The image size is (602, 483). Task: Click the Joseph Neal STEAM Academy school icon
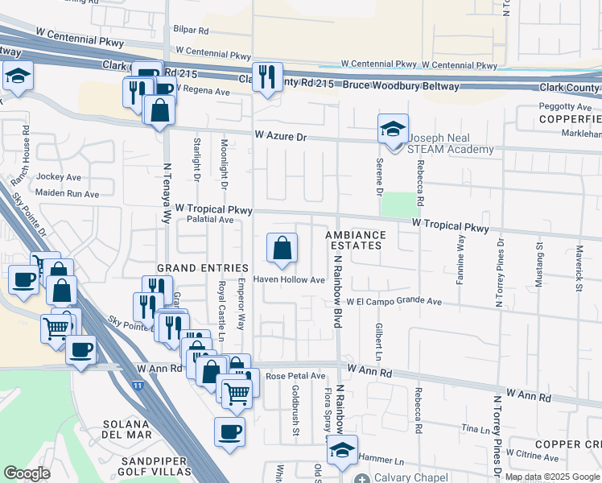pos(393,130)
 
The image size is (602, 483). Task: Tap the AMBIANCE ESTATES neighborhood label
pos(356,241)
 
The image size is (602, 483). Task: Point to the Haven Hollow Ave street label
pos(289,280)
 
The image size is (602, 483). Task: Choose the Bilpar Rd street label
pos(190,31)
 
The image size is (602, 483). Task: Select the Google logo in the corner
pos(27,473)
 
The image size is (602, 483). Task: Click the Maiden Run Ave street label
pos(67,194)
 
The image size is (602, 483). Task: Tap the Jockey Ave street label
pos(60,176)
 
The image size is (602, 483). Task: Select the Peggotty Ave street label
pos(565,107)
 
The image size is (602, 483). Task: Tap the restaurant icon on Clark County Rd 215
pos(267,78)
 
